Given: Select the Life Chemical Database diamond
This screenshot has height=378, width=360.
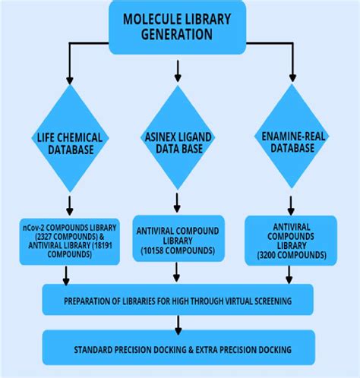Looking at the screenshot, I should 68,141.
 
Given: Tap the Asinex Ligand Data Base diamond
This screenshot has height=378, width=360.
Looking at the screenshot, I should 178,141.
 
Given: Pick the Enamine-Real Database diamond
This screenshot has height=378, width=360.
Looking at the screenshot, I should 293,141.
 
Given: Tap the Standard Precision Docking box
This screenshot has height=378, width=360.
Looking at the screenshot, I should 178,349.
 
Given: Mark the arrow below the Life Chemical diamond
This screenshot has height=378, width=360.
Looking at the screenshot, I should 68,205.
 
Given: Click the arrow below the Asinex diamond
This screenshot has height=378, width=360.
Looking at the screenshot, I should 178,201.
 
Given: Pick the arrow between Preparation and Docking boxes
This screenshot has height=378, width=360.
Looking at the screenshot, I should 178,324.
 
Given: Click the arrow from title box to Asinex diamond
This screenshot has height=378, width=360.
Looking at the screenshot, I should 178,70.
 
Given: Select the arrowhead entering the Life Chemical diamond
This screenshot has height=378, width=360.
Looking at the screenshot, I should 68,78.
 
